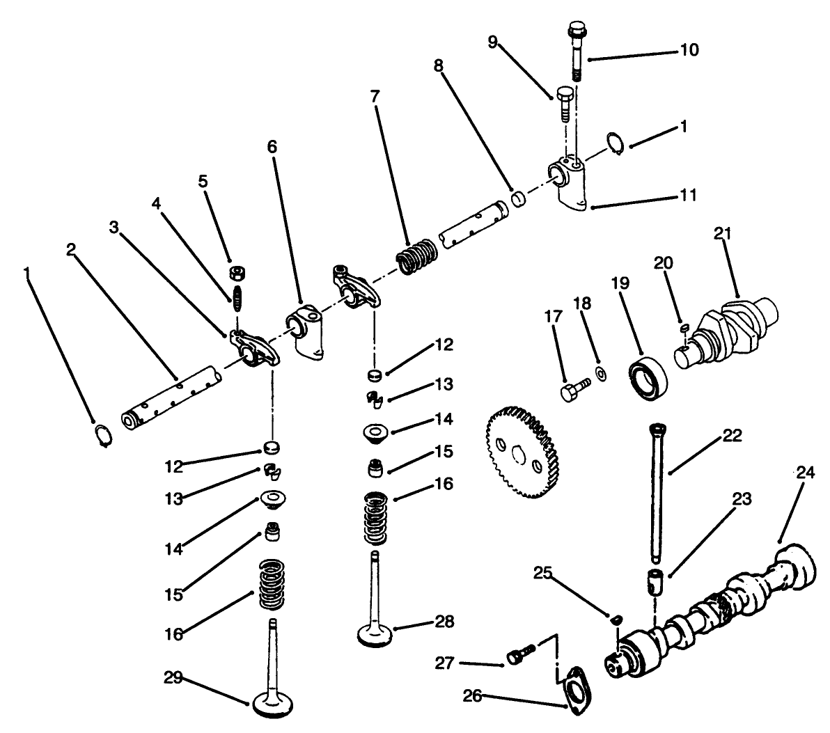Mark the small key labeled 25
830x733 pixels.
(x=616, y=617)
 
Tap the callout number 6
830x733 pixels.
(x=272, y=146)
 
